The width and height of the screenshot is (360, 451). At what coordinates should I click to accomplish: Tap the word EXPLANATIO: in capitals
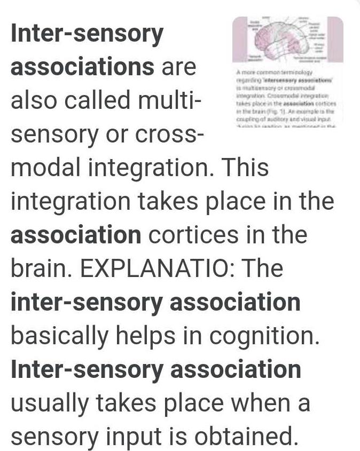(x=162, y=268)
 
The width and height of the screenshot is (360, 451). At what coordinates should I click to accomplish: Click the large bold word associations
(x=82, y=68)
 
